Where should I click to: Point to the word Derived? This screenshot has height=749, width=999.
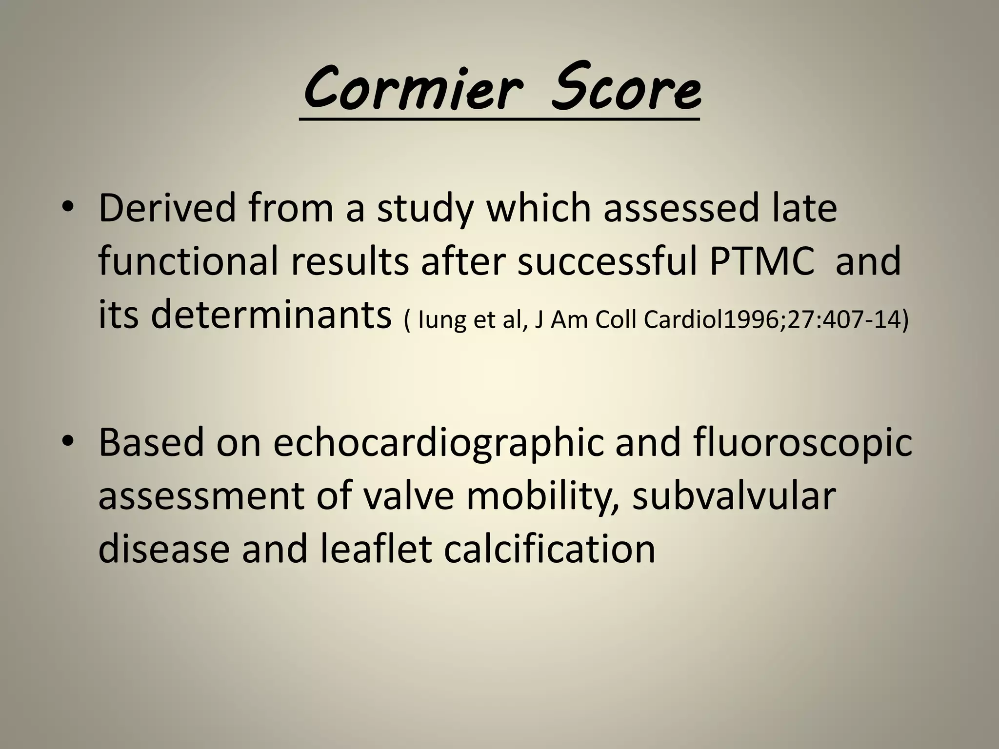click(167, 208)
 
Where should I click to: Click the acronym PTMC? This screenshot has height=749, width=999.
click(761, 262)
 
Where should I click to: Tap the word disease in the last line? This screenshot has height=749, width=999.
click(164, 550)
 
